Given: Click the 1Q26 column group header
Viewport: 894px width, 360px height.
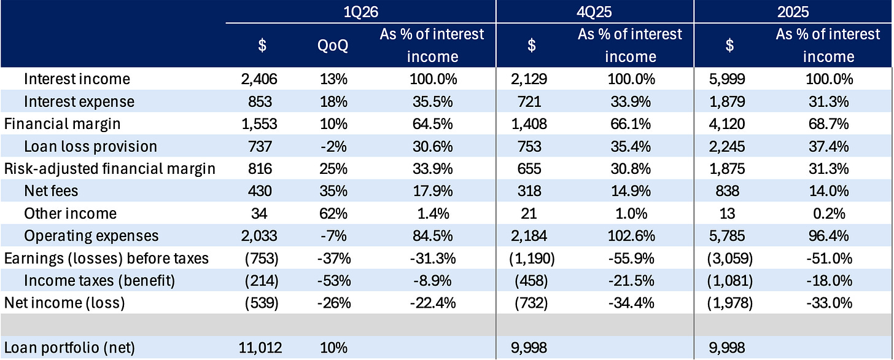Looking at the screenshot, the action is (361, 12).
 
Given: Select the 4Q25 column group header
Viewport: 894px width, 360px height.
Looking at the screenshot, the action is (594, 12).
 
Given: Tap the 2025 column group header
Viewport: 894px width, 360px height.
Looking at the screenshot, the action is (793, 12).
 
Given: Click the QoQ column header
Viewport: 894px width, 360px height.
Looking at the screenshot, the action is (333, 45).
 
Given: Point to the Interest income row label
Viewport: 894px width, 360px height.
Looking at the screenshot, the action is (77, 79).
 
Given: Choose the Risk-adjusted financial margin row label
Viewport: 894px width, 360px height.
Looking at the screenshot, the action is (110, 169).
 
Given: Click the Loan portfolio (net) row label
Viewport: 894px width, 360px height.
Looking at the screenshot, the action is (69, 348).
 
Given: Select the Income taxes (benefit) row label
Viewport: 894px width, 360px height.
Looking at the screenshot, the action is (99, 281).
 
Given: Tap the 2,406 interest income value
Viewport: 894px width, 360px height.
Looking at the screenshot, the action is (259, 79).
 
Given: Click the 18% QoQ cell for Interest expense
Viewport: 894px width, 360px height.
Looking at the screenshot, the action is (333, 102).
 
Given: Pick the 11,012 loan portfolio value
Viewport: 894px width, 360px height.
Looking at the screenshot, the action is (260, 348).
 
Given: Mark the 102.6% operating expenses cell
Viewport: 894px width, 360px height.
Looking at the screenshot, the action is (631, 236).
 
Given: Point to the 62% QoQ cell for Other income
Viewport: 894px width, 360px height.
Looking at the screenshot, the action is (333, 214).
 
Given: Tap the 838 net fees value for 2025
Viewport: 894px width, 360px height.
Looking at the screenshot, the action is (727, 191).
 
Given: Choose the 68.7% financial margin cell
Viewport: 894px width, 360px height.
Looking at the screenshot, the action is (829, 124).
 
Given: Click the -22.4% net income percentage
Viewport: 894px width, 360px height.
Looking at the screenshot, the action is (433, 303).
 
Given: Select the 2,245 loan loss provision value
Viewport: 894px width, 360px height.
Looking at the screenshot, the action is (727, 146).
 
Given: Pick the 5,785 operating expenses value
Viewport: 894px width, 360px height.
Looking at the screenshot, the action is (727, 236).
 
